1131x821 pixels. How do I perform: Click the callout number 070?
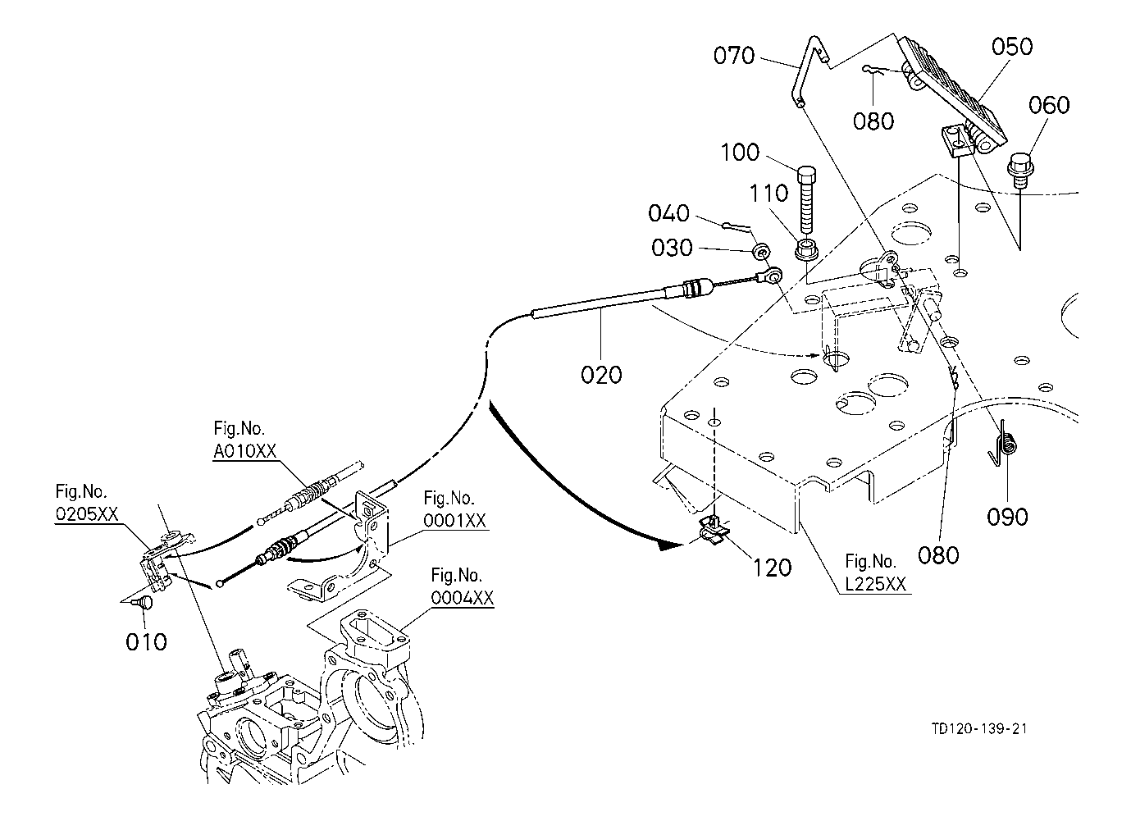pyautogui.click(x=734, y=56)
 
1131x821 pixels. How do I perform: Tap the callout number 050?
pyautogui.click(x=1012, y=47)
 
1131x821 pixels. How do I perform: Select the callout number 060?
pyautogui.click(x=1049, y=105)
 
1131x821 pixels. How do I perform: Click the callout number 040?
pyautogui.click(x=668, y=213)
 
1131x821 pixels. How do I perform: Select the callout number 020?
pyautogui.click(x=601, y=375)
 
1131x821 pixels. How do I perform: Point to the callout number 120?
pyautogui.click(x=772, y=568)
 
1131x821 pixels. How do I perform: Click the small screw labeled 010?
pyautogui.click(x=145, y=602)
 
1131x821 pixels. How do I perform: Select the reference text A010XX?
pyautogui.click(x=245, y=451)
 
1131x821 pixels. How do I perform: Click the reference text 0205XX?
pyautogui.click(x=86, y=514)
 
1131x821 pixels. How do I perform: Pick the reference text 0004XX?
pyautogui.click(x=462, y=598)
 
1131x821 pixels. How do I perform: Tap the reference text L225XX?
pyautogui.click(x=875, y=584)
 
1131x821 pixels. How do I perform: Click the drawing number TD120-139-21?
pyautogui.click(x=979, y=728)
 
